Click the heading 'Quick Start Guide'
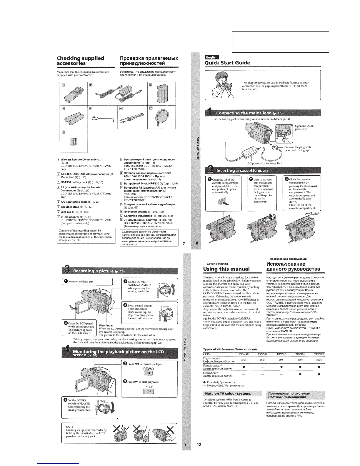pyautogui.click(x=227, y=63)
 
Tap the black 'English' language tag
pyautogui.click(x=211, y=57)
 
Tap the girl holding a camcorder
pyautogui.click(x=223, y=86)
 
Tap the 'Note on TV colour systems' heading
pyautogui.click(x=228, y=394)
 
